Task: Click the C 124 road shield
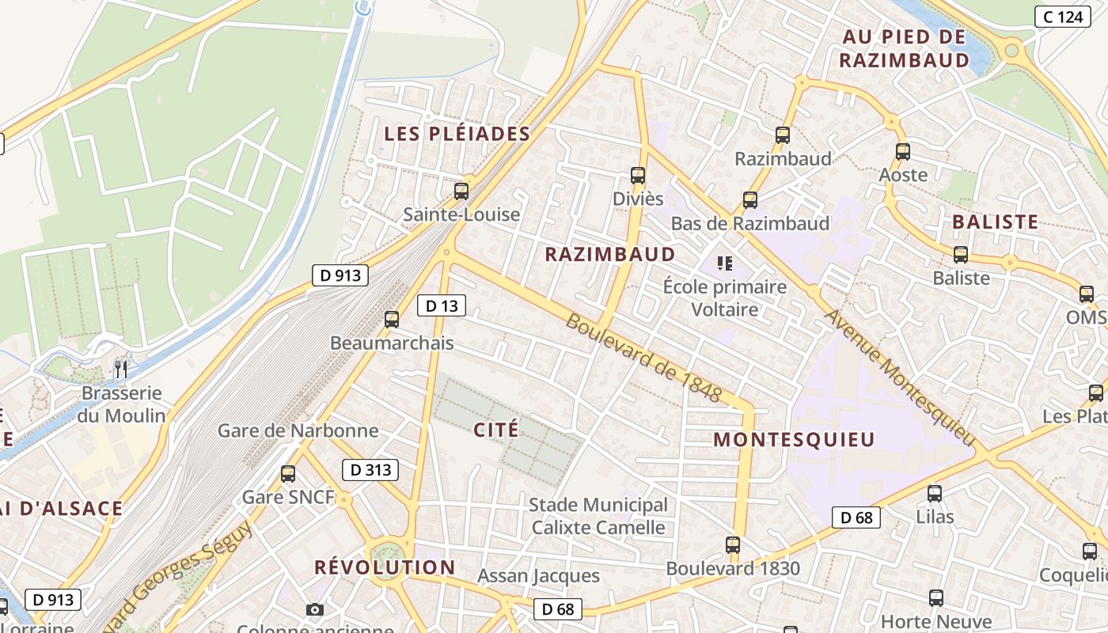coord(1063,16)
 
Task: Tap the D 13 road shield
coord(442,305)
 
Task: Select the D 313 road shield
coord(370,470)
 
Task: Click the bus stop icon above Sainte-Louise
coord(461,191)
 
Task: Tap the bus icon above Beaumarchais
coord(391,320)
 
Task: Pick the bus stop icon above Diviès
coord(638,176)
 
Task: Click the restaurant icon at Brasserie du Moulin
coord(121,369)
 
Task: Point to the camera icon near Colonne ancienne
coord(315,609)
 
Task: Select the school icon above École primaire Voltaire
coord(724,263)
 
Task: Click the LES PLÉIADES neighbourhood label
coord(457,134)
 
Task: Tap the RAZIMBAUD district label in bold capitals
coord(610,254)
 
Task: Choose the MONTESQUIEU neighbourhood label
coord(794,440)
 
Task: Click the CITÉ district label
coord(496,430)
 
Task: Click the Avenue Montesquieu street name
coord(900,376)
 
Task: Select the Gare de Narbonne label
coord(298,431)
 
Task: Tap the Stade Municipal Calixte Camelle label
coord(598,516)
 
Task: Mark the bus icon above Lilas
coord(935,494)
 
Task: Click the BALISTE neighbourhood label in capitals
coord(995,222)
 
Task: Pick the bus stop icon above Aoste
coord(903,152)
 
